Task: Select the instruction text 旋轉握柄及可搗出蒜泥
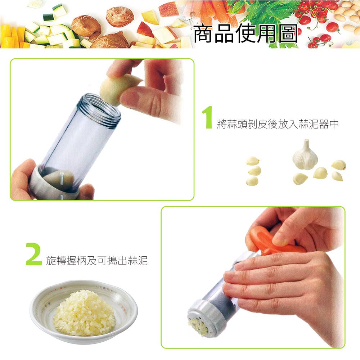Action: click(x=97, y=260)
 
